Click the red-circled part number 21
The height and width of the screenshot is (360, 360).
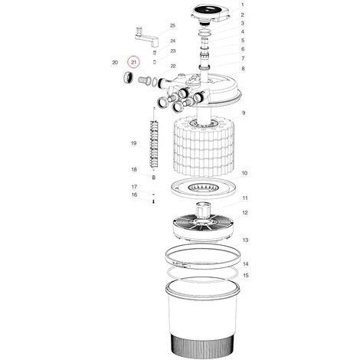[134, 62]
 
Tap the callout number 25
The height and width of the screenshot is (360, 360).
[173, 25]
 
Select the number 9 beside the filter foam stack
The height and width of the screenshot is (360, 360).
[244, 113]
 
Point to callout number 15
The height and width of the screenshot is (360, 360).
[246, 275]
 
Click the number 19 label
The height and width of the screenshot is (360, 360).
[134, 143]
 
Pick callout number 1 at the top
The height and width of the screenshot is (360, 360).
[242, 5]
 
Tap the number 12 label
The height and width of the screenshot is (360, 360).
[245, 212]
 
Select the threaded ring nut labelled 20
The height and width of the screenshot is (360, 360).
[127, 78]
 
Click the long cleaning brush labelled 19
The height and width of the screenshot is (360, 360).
[153, 144]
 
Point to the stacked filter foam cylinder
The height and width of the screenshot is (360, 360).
[203, 147]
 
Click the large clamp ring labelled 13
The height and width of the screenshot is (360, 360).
[203, 256]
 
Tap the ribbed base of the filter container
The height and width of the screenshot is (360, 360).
[203, 346]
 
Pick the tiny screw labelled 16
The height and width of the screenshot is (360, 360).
[153, 201]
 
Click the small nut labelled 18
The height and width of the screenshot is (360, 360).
[153, 177]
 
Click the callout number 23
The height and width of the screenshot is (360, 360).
[173, 51]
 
